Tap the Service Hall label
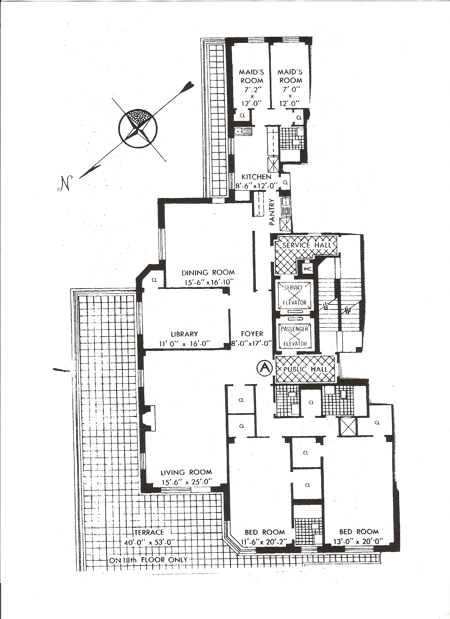(307, 245)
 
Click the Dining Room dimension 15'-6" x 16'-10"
(210, 282)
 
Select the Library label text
(184, 334)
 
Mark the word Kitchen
(256, 177)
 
